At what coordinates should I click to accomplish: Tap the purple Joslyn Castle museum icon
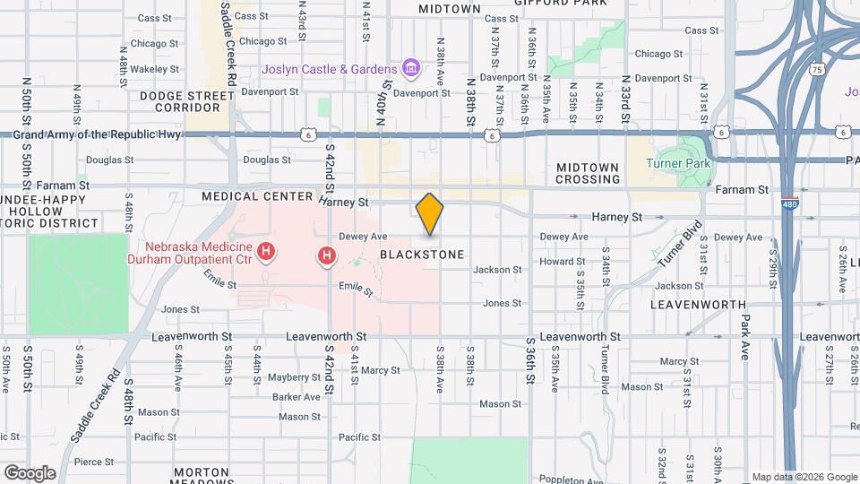(x=411, y=68)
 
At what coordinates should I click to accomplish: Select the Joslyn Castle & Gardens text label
(x=329, y=69)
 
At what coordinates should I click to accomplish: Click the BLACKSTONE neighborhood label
(x=422, y=255)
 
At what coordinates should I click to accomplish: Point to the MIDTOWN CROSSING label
(x=588, y=174)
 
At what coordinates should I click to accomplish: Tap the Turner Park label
(x=678, y=163)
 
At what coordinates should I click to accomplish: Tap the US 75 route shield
(x=815, y=68)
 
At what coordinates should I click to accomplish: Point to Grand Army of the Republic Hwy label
(x=100, y=134)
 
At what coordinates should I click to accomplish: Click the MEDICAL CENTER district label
(x=258, y=196)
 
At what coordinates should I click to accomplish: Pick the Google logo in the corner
(x=30, y=472)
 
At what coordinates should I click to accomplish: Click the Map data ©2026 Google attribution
(x=804, y=477)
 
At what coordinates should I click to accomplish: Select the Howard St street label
(x=568, y=262)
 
